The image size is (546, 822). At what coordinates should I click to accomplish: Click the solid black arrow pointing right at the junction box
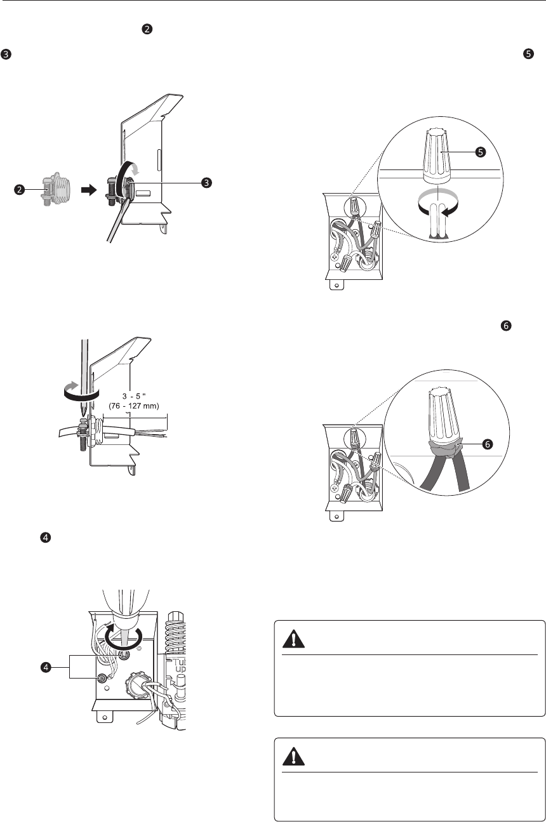[89, 190]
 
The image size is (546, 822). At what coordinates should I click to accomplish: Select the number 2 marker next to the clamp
[20, 190]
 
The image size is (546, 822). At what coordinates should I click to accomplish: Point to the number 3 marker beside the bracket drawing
[206, 182]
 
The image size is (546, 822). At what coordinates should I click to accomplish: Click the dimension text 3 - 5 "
[134, 396]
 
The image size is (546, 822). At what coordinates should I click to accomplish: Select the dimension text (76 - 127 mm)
[134, 406]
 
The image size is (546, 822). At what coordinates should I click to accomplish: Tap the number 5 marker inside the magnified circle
[481, 152]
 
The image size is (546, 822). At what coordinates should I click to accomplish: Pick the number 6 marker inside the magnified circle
[488, 444]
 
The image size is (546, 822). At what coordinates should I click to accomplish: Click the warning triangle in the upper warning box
[293, 639]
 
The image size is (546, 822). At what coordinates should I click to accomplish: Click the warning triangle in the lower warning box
[293, 757]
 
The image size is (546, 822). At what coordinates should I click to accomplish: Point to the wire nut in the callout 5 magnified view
[437, 156]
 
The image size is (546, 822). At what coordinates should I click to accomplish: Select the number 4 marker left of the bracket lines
[46, 667]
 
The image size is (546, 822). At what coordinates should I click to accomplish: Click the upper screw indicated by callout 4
[123, 656]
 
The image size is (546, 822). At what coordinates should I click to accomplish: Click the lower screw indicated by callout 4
[102, 678]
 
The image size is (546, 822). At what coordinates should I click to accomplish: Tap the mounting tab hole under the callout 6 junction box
[336, 516]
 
